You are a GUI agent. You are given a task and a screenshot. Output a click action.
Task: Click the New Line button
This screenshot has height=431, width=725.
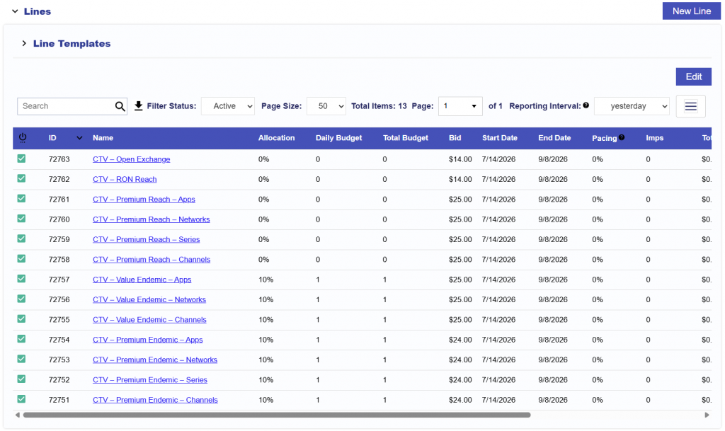pos(691,11)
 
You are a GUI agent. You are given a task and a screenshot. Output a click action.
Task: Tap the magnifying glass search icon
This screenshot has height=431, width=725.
pos(120,106)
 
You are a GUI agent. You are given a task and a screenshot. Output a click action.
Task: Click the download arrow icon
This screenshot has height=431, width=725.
pos(138,106)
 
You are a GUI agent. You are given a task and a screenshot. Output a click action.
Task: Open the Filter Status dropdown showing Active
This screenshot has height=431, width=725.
pos(228,106)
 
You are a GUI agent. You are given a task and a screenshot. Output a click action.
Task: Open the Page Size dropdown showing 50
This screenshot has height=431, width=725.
pos(326,106)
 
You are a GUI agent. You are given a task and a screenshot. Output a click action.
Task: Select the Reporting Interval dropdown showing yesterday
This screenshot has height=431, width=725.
pos(632,106)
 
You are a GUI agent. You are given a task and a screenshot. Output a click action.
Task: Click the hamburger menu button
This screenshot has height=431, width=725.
pos(691,106)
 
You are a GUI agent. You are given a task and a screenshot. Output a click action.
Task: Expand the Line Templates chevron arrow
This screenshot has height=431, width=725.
pos(24,43)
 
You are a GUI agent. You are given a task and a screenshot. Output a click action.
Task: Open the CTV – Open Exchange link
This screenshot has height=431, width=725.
pos(131,159)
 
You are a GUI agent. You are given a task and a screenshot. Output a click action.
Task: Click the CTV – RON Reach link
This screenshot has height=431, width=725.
pos(125,179)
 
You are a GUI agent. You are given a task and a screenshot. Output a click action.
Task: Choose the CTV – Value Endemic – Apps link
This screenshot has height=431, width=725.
pos(142,280)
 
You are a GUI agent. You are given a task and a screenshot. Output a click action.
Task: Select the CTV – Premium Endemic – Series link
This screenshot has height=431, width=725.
pos(150,380)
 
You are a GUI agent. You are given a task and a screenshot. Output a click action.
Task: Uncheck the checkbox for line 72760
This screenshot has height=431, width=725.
pos(22,219)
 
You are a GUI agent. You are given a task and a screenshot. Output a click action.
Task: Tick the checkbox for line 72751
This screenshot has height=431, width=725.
pos(22,399)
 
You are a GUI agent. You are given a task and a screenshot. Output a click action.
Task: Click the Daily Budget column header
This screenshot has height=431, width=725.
pos(339,138)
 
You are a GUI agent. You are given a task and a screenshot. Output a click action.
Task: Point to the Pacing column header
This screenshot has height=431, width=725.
pos(605,138)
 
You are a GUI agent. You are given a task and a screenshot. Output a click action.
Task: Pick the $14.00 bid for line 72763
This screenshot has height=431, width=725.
pos(460,159)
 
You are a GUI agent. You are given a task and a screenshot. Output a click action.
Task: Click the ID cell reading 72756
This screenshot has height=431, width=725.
pos(59,300)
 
